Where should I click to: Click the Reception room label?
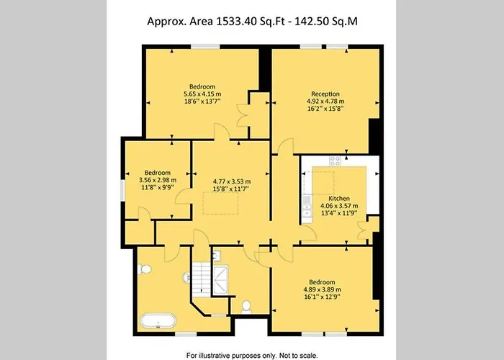[325, 94]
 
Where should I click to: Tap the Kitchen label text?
[339, 197]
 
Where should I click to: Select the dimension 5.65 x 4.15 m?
[202, 94]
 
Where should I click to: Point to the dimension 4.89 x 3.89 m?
[323, 289]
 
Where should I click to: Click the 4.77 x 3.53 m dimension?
[231, 181]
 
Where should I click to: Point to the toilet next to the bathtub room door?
[145, 269]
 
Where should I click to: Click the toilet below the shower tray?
[246, 306]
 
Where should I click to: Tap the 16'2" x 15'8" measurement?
[325, 109]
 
